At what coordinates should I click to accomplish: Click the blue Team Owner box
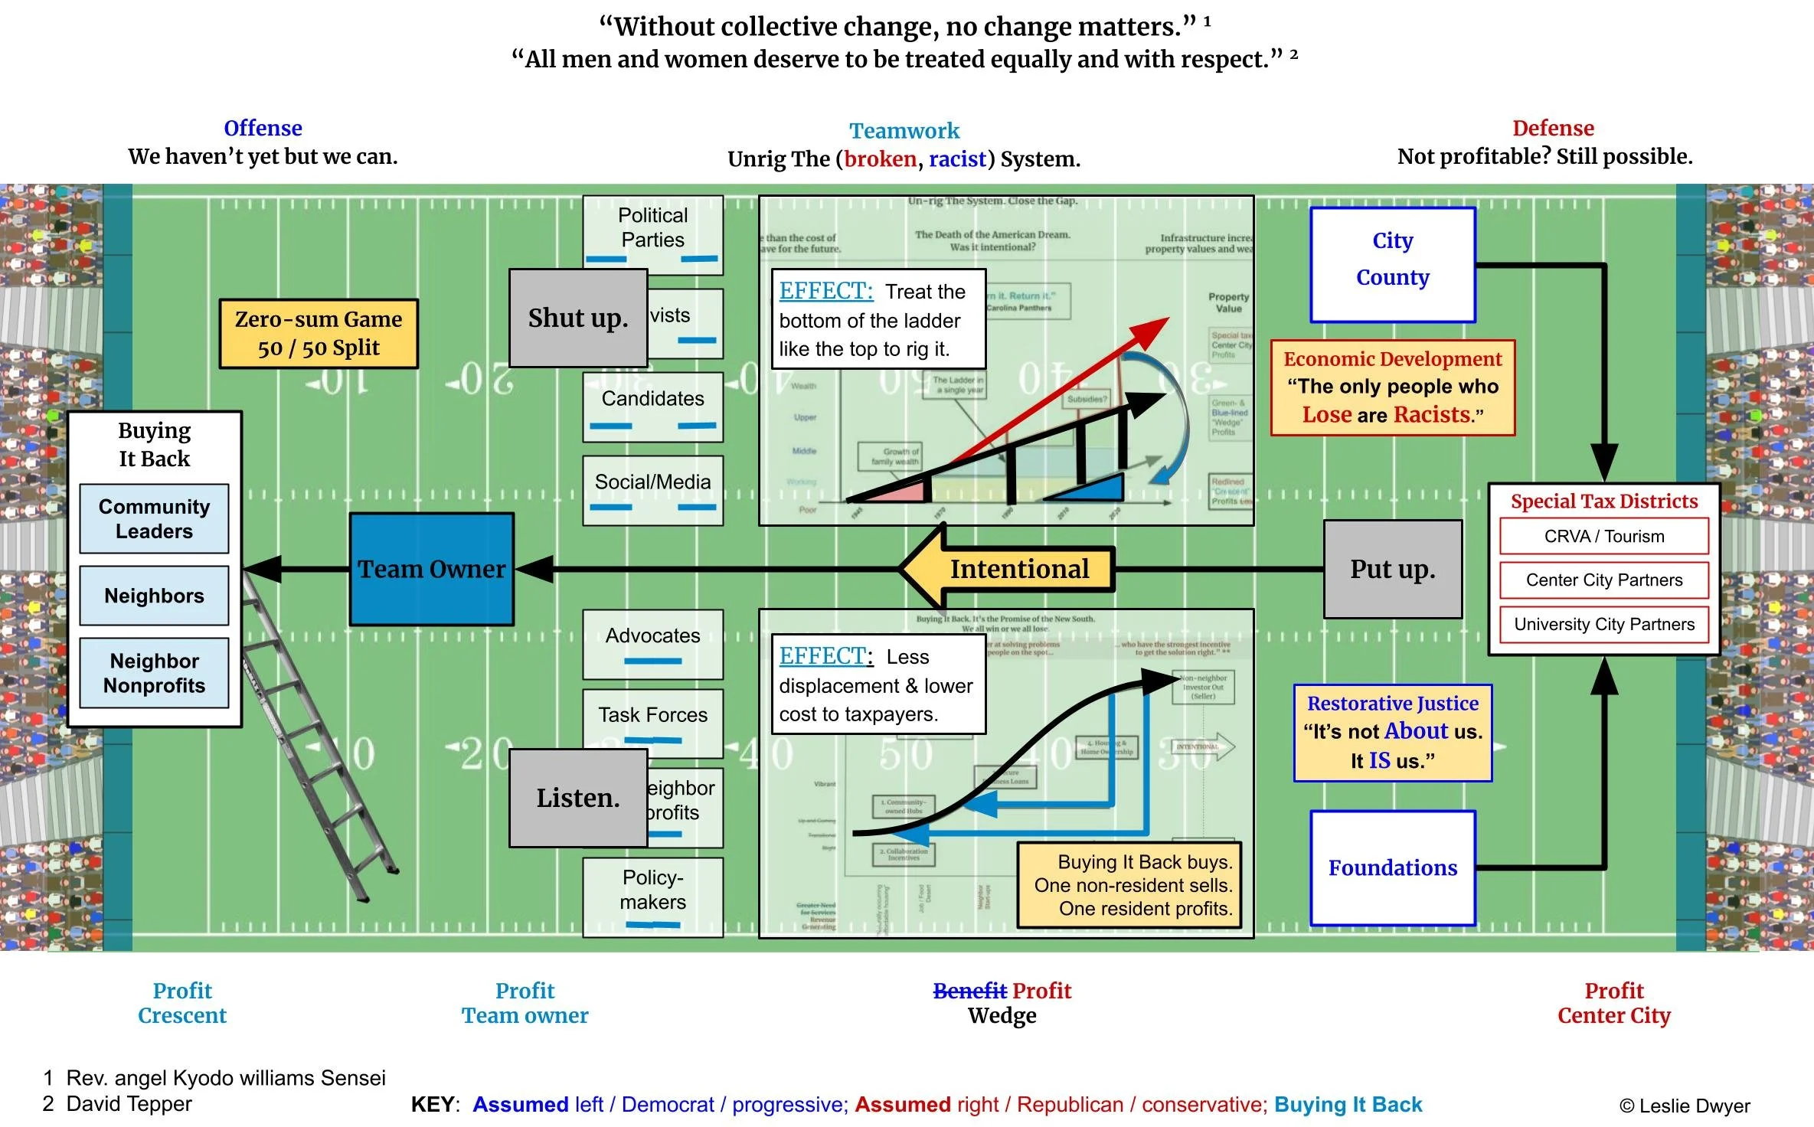pos(431,569)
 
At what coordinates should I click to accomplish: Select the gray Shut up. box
pos(578,318)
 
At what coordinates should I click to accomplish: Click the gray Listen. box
pos(578,798)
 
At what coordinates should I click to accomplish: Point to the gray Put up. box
pos(1392,569)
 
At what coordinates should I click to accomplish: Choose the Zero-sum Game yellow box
pos(319,334)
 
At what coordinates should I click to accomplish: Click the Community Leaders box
pos(154,518)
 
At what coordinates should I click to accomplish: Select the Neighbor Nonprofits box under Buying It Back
pos(154,673)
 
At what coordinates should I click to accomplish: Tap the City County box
pos(1392,264)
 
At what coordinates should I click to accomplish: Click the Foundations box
pos(1392,867)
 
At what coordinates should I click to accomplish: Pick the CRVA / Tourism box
pos(1603,536)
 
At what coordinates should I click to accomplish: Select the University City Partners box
pos(1603,624)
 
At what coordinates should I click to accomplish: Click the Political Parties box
pos(652,227)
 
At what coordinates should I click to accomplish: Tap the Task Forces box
pos(652,714)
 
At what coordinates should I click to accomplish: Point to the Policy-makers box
pos(652,890)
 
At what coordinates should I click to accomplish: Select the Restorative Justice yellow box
pos(1392,733)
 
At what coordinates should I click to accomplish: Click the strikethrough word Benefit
pos(969,991)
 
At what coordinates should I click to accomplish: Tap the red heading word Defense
pos(1552,128)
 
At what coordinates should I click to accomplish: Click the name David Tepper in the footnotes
pos(129,1103)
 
